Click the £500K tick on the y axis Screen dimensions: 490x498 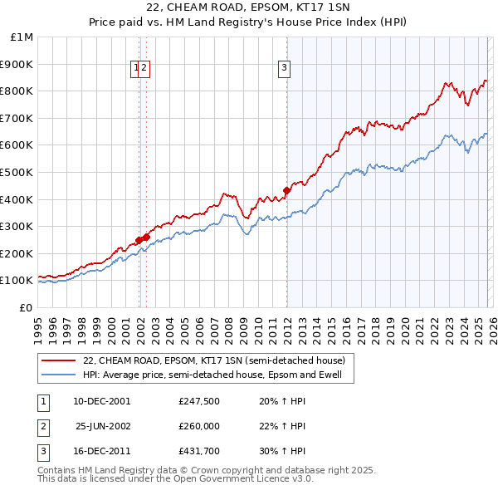click(x=17, y=172)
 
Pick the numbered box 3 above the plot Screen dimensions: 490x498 click(x=284, y=68)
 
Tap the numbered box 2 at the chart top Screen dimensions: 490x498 click(x=144, y=68)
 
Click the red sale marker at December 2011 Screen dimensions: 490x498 click(x=286, y=190)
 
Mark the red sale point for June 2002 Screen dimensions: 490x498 click(x=146, y=237)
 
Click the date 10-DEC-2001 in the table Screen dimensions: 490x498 click(x=101, y=401)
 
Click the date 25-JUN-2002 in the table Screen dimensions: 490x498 click(x=101, y=426)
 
